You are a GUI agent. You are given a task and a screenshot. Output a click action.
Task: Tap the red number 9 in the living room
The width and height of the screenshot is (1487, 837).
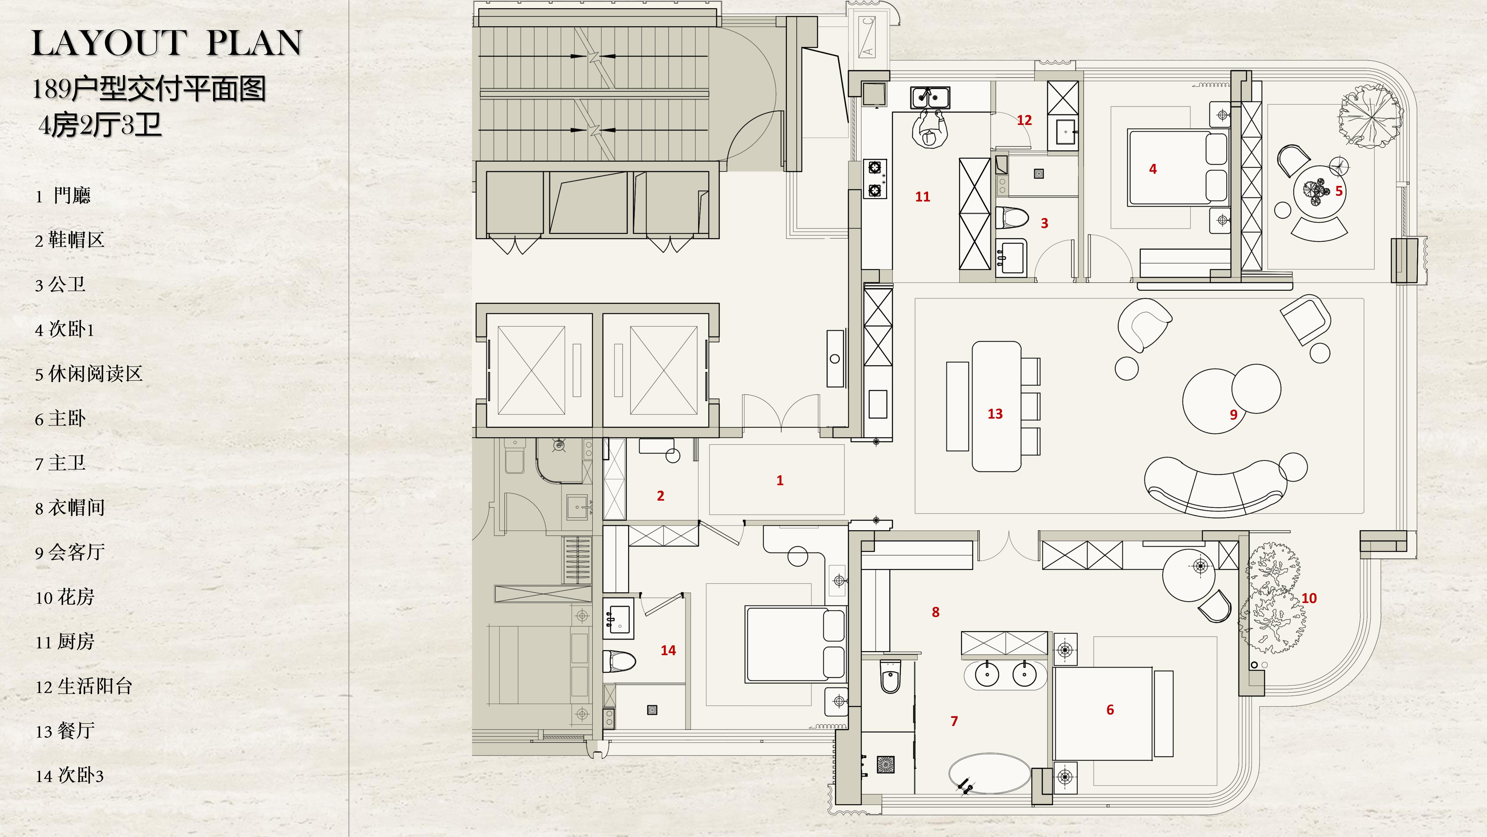pos(1234,414)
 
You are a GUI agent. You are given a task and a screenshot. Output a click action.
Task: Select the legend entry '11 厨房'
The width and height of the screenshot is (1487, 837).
pos(65,641)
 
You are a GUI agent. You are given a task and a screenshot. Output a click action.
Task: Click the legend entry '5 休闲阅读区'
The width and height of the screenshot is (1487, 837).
pos(88,374)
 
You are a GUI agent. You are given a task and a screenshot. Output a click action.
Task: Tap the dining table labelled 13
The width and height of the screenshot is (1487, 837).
pos(996,406)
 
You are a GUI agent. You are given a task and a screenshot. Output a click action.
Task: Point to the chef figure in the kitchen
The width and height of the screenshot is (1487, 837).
pos(930,132)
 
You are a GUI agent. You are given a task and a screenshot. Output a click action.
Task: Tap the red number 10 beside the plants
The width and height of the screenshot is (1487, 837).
pos(1309,598)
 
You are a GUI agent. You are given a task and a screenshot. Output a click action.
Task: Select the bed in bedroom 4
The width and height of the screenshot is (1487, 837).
pos(1178,168)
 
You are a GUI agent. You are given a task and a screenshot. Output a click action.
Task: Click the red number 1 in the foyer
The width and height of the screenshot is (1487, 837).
pos(780,480)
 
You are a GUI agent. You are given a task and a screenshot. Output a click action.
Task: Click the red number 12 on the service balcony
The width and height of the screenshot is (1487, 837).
pos(1024,120)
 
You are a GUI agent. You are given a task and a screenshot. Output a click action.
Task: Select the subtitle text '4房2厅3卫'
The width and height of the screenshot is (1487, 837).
pos(100,125)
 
